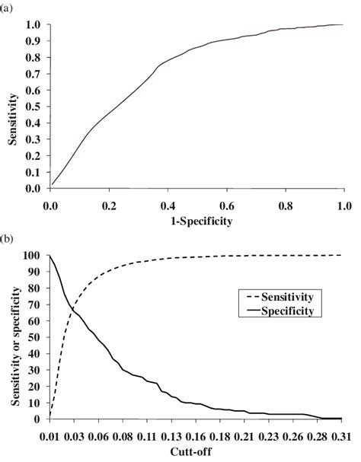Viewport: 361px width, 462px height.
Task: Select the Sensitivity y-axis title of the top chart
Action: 11,106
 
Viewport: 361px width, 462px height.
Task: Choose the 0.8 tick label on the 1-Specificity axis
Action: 284,204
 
